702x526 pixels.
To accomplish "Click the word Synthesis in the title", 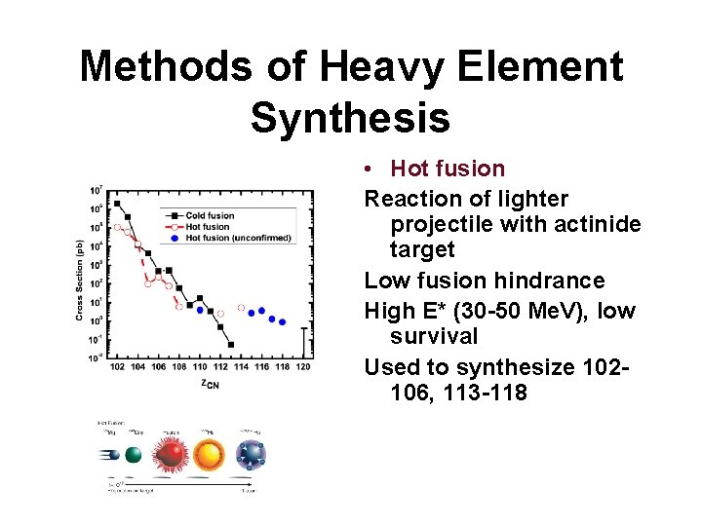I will (x=350, y=117).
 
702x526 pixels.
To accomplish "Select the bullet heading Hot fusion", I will (x=448, y=169).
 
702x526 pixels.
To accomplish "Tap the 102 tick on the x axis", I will (x=118, y=367).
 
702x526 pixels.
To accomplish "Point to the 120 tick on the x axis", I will (x=303, y=367).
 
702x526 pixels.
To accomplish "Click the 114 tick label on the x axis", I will (x=242, y=367).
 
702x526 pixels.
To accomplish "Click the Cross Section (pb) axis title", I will (x=80, y=280).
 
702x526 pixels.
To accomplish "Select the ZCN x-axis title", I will (x=210, y=384).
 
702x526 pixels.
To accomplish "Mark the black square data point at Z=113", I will (x=231, y=344).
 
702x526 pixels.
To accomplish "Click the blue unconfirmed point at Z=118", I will (x=283, y=321).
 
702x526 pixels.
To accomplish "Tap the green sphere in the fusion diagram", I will (x=134, y=455).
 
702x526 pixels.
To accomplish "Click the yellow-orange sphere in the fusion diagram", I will (x=208, y=454).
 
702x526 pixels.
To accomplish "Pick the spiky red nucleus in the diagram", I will (x=170, y=455).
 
